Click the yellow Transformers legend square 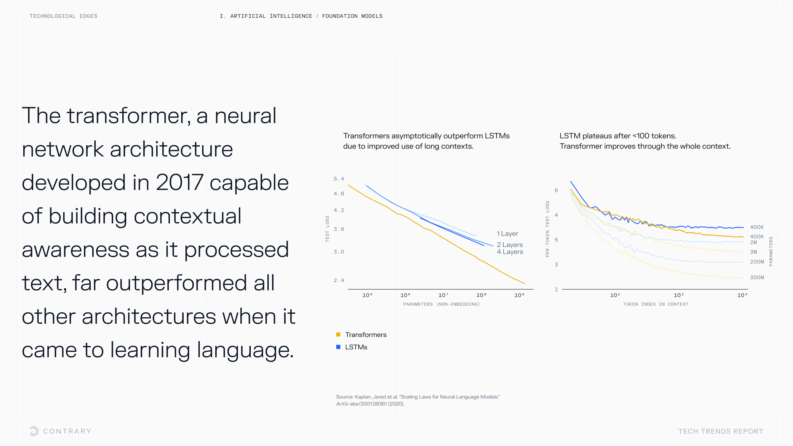pos(338,334)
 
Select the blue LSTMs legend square pos(338,347)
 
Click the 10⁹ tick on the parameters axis pos(519,295)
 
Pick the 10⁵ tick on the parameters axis pos(367,295)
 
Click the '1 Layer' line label pos(507,234)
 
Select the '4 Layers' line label pos(510,252)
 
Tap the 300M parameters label pos(757,277)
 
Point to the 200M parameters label pos(757,262)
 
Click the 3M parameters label pos(753,252)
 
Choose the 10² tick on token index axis pos(678,295)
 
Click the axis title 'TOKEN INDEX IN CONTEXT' pos(656,304)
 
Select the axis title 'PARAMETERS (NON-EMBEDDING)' pos(441,304)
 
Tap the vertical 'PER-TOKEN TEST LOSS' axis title pos(547,229)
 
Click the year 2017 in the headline pos(180,183)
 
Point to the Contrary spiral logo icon pos(34,431)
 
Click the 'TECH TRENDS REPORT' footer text pos(721,431)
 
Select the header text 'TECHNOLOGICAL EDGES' pos(63,16)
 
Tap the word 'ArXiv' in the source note pos(342,404)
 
